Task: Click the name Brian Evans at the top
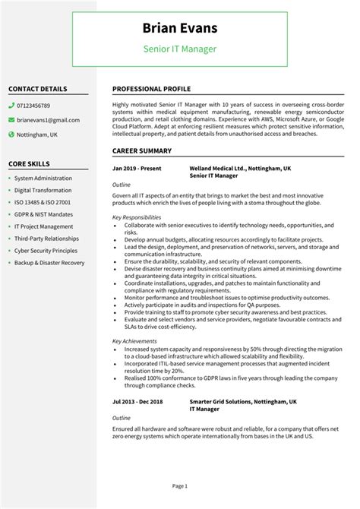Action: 180,28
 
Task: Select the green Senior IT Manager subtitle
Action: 180,49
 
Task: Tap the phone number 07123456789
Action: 34,106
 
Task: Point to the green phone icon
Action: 11,106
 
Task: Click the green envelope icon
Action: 11,120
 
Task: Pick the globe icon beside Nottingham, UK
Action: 11,134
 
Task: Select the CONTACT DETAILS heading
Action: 37,89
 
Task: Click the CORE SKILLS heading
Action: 29,163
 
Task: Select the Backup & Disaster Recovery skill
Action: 49,263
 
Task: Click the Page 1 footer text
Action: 180,485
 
